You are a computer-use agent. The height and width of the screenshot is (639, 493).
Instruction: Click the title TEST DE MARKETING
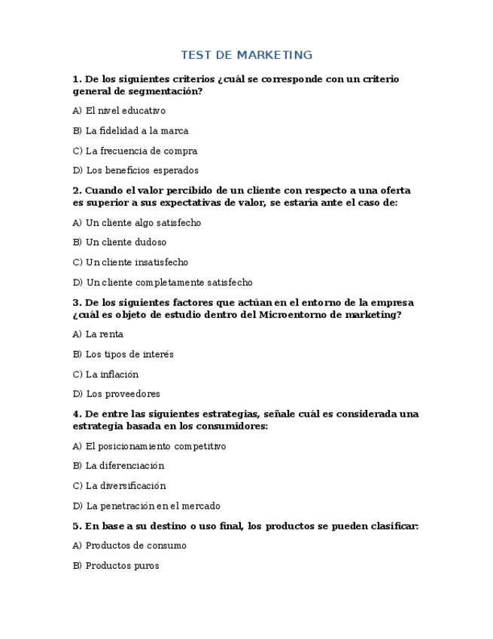coord(246,55)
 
